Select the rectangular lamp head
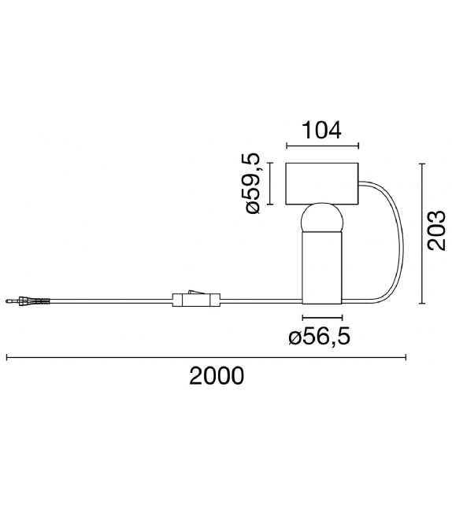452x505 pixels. [322, 184]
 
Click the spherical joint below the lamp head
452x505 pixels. [322, 219]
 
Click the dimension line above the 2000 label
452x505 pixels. [206, 358]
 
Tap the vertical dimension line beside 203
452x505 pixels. [423, 233]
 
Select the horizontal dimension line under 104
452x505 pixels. [322, 146]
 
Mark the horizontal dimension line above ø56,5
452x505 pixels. [322, 319]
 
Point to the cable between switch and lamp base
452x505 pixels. [260, 300]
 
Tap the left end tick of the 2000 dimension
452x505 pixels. [7, 358]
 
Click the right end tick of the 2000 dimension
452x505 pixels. [406, 358]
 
